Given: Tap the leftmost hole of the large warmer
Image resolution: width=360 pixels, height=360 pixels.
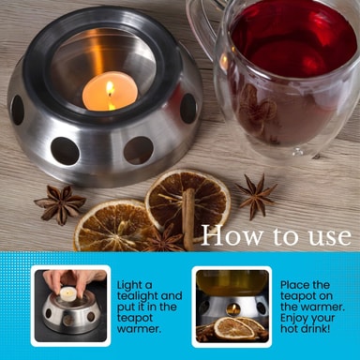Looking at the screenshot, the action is [18, 110].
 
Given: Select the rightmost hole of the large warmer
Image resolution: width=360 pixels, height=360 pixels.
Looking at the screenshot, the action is [188, 108].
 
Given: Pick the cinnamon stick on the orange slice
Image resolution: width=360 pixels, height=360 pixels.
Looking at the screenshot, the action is [188, 218].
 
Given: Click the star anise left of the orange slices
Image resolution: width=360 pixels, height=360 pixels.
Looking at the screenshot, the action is [60, 204].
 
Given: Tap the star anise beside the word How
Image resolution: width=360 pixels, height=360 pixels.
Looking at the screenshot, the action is [257, 196].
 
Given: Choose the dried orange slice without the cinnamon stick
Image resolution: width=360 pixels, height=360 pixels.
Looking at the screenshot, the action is [113, 227].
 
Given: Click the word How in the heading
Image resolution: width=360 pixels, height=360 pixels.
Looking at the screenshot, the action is [232, 235].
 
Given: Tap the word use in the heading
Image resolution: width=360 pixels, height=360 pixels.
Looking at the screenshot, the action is [330, 237].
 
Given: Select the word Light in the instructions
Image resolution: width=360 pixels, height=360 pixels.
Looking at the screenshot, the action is [135, 286].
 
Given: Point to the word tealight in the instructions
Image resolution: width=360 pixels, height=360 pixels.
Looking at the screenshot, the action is [149, 296].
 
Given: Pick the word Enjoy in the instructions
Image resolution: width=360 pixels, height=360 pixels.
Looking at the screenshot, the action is [294, 319].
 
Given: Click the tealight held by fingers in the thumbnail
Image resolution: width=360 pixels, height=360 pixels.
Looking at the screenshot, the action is [68, 294].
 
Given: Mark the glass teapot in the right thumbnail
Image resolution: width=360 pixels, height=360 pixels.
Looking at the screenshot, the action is [232, 283].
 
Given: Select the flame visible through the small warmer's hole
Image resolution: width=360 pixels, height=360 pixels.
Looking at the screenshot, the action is [232, 309].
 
